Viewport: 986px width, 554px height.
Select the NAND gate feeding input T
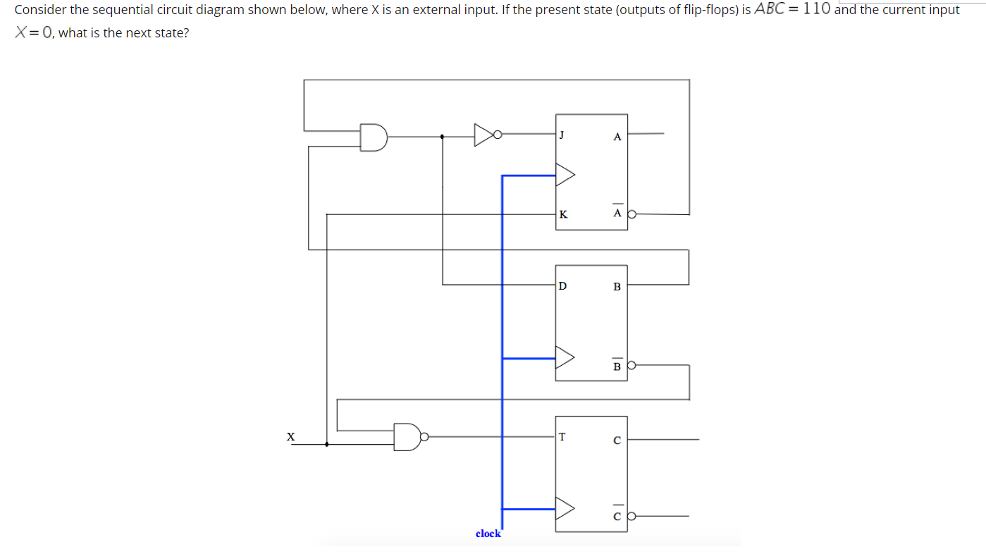point(407,437)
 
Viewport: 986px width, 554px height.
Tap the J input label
point(562,134)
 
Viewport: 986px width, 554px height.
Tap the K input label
point(562,215)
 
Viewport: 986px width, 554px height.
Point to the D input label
point(562,286)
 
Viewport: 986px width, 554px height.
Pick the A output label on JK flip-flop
point(617,137)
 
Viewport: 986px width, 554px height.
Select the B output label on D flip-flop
point(617,287)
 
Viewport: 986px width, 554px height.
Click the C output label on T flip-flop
point(617,441)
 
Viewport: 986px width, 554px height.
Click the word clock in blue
point(488,534)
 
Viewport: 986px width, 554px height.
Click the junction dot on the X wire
point(327,444)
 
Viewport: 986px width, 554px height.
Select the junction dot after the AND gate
point(442,137)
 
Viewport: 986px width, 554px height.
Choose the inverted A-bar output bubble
point(632,214)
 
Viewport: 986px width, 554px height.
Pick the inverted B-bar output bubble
point(632,365)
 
